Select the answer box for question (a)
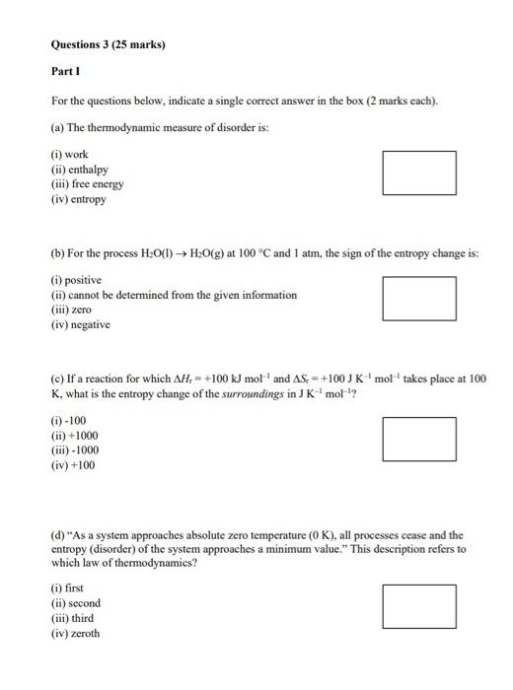point(419,172)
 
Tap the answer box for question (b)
point(419,298)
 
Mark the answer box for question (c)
point(419,439)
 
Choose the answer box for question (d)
point(419,606)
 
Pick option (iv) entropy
point(79,198)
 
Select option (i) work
point(69,155)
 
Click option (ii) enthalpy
point(77,170)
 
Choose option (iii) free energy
point(88,183)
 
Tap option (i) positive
point(75,280)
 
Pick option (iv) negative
point(81,324)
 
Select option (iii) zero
point(71,310)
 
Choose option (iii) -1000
point(75,450)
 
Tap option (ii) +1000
point(75,436)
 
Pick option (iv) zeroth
point(76,633)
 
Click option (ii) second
point(76,603)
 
